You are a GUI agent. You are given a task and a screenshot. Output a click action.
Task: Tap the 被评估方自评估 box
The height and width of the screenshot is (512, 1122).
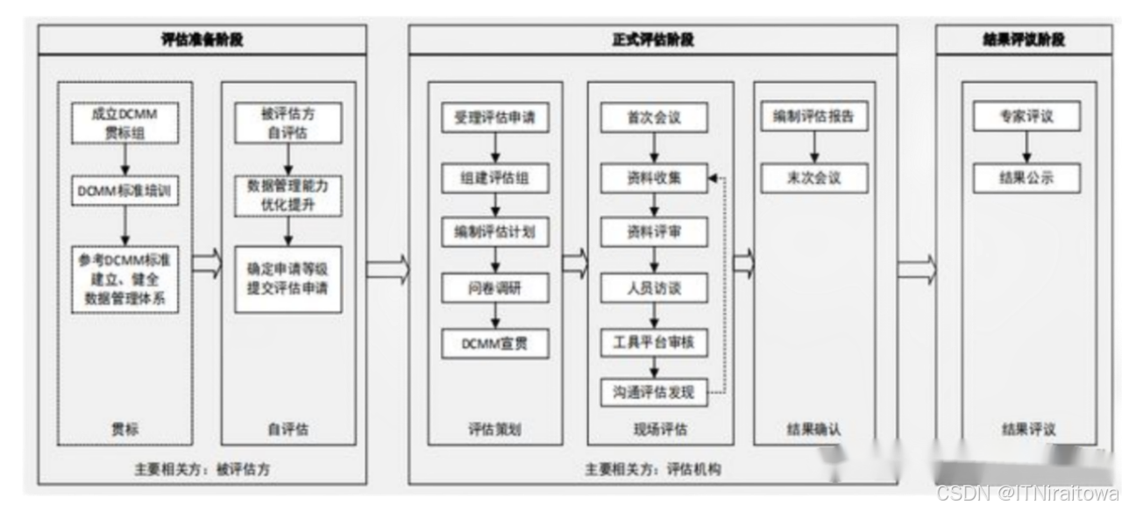coord(288,123)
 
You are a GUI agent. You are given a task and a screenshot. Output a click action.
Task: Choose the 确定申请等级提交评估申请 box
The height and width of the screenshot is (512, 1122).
coord(288,279)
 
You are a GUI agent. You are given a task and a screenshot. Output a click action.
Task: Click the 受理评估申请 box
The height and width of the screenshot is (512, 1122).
coord(494,117)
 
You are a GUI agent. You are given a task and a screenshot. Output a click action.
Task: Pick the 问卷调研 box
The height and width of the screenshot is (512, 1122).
coord(494,288)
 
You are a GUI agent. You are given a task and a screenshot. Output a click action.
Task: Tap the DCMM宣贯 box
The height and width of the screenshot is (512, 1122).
coord(494,343)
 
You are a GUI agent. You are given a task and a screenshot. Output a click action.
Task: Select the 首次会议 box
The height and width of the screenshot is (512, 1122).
coord(654,117)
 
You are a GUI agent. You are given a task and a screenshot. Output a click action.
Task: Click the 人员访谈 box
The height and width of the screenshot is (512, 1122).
coord(654,288)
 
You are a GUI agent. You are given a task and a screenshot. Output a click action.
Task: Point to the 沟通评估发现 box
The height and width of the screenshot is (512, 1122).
coord(654,392)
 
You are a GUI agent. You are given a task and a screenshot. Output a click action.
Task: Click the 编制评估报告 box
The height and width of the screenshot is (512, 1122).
coord(813,117)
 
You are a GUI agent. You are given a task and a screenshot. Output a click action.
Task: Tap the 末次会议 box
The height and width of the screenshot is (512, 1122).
coord(813,177)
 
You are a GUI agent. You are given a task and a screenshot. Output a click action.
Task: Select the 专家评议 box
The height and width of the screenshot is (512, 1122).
coord(1026,117)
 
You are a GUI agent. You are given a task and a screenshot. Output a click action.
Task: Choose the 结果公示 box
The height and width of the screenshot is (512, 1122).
coord(1026,177)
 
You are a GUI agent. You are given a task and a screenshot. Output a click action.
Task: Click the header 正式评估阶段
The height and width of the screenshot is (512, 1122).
coord(653,39)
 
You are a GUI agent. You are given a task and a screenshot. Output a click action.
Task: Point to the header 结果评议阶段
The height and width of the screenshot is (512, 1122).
coord(1024,39)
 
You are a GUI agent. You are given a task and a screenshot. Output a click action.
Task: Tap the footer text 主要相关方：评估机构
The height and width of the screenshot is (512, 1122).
coord(653,469)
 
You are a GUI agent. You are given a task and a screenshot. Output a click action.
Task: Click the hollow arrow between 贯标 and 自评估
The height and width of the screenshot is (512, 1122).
coord(207,263)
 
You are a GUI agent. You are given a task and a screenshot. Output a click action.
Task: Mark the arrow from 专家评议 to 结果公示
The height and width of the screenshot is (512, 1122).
coord(1026,147)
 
